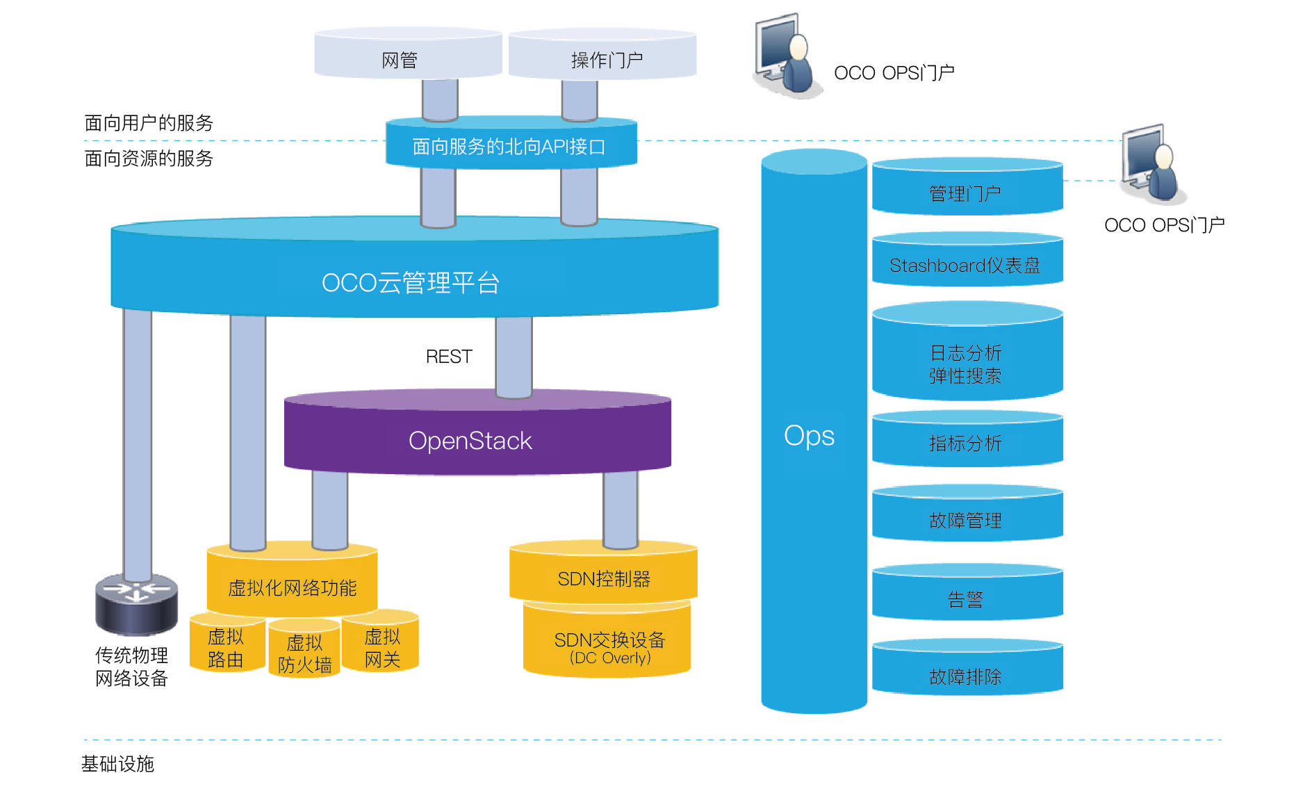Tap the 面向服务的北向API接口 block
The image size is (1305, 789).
[x=510, y=145]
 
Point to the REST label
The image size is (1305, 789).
[x=448, y=357]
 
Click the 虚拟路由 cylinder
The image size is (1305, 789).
[x=225, y=647]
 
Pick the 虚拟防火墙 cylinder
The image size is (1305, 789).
[x=304, y=653]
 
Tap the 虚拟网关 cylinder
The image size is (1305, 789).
[x=383, y=646]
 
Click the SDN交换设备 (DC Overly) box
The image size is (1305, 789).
[x=608, y=646]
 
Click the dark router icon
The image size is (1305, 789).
[x=136, y=603]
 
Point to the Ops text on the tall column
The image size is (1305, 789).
[x=809, y=436]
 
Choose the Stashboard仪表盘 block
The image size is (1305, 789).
[x=966, y=265]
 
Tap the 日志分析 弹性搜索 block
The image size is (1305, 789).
[x=966, y=363]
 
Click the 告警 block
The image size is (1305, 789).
[x=966, y=598]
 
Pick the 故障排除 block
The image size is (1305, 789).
[x=966, y=675]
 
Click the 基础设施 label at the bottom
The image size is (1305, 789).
[x=117, y=763]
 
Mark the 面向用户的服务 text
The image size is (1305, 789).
[x=149, y=122]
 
